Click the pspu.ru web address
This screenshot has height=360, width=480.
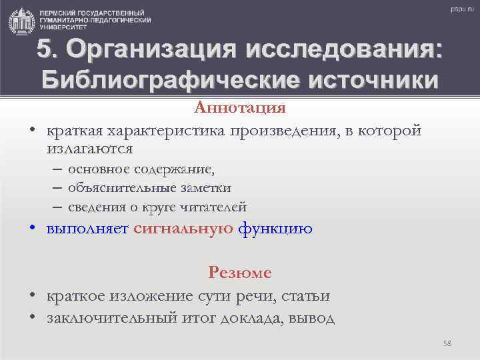click(461, 9)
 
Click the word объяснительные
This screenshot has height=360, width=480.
click(117, 189)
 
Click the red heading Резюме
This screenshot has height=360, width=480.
click(240, 272)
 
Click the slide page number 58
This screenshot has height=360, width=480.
click(447, 343)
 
